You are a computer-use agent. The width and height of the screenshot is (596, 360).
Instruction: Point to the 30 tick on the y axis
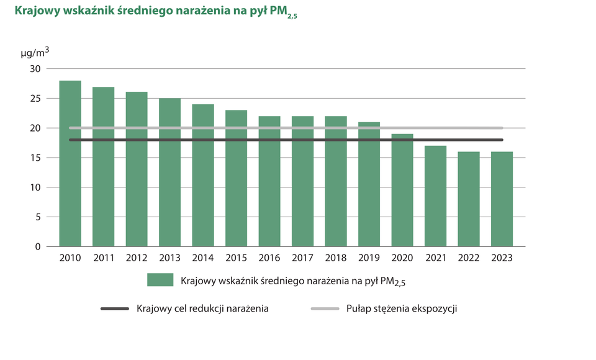tap(35, 69)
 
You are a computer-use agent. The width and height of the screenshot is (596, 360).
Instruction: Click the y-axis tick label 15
tap(35, 158)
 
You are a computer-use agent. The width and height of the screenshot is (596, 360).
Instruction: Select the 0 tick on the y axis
tap(38, 246)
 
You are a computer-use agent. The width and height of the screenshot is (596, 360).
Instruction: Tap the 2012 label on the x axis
tap(137, 258)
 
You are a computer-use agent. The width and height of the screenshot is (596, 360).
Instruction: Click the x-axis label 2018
tap(336, 258)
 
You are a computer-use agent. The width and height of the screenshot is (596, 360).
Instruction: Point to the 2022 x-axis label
tap(469, 258)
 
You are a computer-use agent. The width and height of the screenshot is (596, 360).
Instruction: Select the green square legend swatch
tap(160, 280)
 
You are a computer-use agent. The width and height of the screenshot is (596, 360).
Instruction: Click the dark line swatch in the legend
tap(114, 308)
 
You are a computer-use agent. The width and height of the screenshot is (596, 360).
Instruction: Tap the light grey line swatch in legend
tap(324, 308)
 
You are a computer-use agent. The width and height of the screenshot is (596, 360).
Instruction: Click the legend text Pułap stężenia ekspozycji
tap(402, 308)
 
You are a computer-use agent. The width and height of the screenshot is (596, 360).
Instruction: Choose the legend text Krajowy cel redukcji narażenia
tap(202, 308)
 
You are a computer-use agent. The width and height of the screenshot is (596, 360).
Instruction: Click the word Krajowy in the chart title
tap(36, 11)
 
